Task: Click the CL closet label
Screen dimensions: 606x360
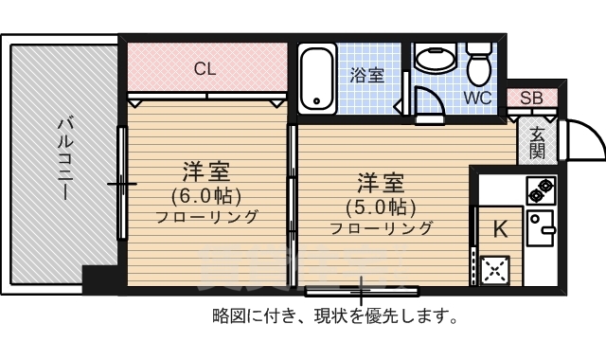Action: click(x=204, y=68)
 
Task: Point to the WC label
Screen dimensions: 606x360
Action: click(x=476, y=98)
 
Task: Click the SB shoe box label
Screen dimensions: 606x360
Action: click(x=530, y=99)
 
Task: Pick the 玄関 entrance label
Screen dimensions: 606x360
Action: click(x=537, y=142)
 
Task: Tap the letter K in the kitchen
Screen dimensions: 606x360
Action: click(x=500, y=228)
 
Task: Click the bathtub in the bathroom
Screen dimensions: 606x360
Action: click(x=315, y=79)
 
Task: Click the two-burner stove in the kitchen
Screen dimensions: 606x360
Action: click(x=541, y=192)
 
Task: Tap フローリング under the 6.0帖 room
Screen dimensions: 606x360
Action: click(x=206, y=217)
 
